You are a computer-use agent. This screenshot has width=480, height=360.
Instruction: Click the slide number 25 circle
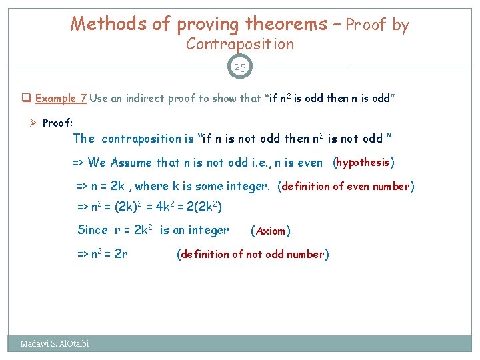(x=240, y=67)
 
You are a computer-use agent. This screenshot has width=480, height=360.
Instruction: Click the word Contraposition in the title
(x=240, y=45)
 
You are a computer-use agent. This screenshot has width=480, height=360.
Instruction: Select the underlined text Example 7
(x=61, y=99)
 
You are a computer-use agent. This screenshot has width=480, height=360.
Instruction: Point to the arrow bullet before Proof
(x=33, y=123)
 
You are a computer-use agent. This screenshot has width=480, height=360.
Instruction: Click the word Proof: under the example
(x=58, y=123)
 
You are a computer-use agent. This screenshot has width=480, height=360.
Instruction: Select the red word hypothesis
(x=363, y=163)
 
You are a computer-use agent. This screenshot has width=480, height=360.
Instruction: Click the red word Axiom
(x=270, y=231)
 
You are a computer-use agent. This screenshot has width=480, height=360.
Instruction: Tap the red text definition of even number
(x=345, y=187)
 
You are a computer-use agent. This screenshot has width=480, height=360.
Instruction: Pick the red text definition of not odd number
(x=252, y=254)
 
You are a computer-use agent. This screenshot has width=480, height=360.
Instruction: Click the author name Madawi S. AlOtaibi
(x=55, y=344)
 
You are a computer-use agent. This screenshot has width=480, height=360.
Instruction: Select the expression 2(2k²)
(x=203, y=207)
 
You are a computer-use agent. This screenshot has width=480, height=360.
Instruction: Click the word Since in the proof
(x=93, y=231)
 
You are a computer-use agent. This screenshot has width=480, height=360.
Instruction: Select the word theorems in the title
(x=286, y=25)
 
